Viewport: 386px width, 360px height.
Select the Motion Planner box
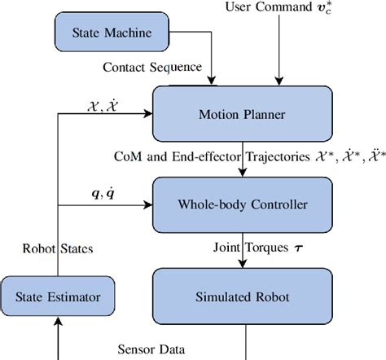click(x=243, y=114)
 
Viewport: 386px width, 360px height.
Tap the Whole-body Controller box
click(x=243, y=203)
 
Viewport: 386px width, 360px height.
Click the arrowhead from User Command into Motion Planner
click(x=279, y=80)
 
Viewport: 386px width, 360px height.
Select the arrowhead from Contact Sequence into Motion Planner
click(x=213, y=80)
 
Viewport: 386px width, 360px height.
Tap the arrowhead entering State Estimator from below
click(x=58, y=328)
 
